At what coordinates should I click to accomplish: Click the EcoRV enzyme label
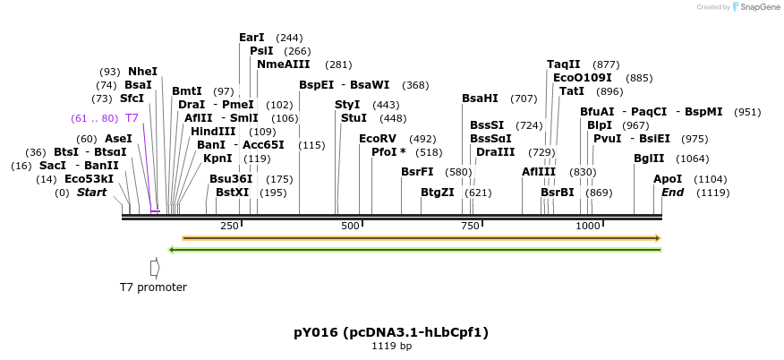click(x=377, y=139)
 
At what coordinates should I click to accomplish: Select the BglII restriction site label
click(x=649, y=159)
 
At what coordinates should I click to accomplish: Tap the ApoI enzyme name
click(x=668, y=179)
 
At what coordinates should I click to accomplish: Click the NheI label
click(x=142, y=72)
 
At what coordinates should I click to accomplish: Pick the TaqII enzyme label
click(x=564, y=64)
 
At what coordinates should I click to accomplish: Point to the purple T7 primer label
click(x=132, y=118)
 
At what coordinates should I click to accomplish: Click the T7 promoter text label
click(x=153, y=287)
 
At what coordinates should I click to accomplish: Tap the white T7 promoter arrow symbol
click(x=155, y=267)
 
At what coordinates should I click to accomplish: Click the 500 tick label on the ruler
click(x=351, y=226)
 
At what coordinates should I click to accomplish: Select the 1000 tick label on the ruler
click(x=588, y=226)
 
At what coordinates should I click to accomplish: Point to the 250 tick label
click(x=229, y=226)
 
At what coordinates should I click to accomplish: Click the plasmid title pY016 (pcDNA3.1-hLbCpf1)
click(x=391, y=332)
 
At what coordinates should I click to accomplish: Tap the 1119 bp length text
click(x=391, y=347)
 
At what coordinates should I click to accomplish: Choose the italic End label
click(x=672, y=193)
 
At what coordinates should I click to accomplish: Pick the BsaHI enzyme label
click(x=480, y=99)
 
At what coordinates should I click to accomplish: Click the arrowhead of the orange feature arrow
click(x=658, y=238)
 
